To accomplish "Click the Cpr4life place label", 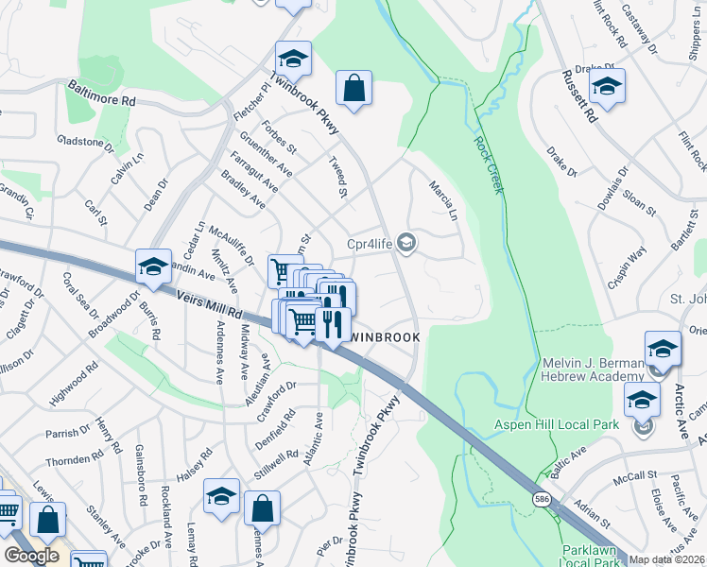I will pyautogui.click(x=370, y=244).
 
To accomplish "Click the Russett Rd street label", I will pyautogui.click(x=578, y=97).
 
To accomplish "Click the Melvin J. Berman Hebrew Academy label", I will pyautogui.click(x=593, y=370).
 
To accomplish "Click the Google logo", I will pyautogui.click(x=31, y=555).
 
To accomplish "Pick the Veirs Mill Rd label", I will pyautogui.click(x=210, y=304).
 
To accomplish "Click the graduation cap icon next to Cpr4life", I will pyautogui.click(x=406, y=244).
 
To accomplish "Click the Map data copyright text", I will pyautogui.click(x=667, y=559).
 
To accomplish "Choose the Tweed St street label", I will pyautogui.click(x=337, y=179).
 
